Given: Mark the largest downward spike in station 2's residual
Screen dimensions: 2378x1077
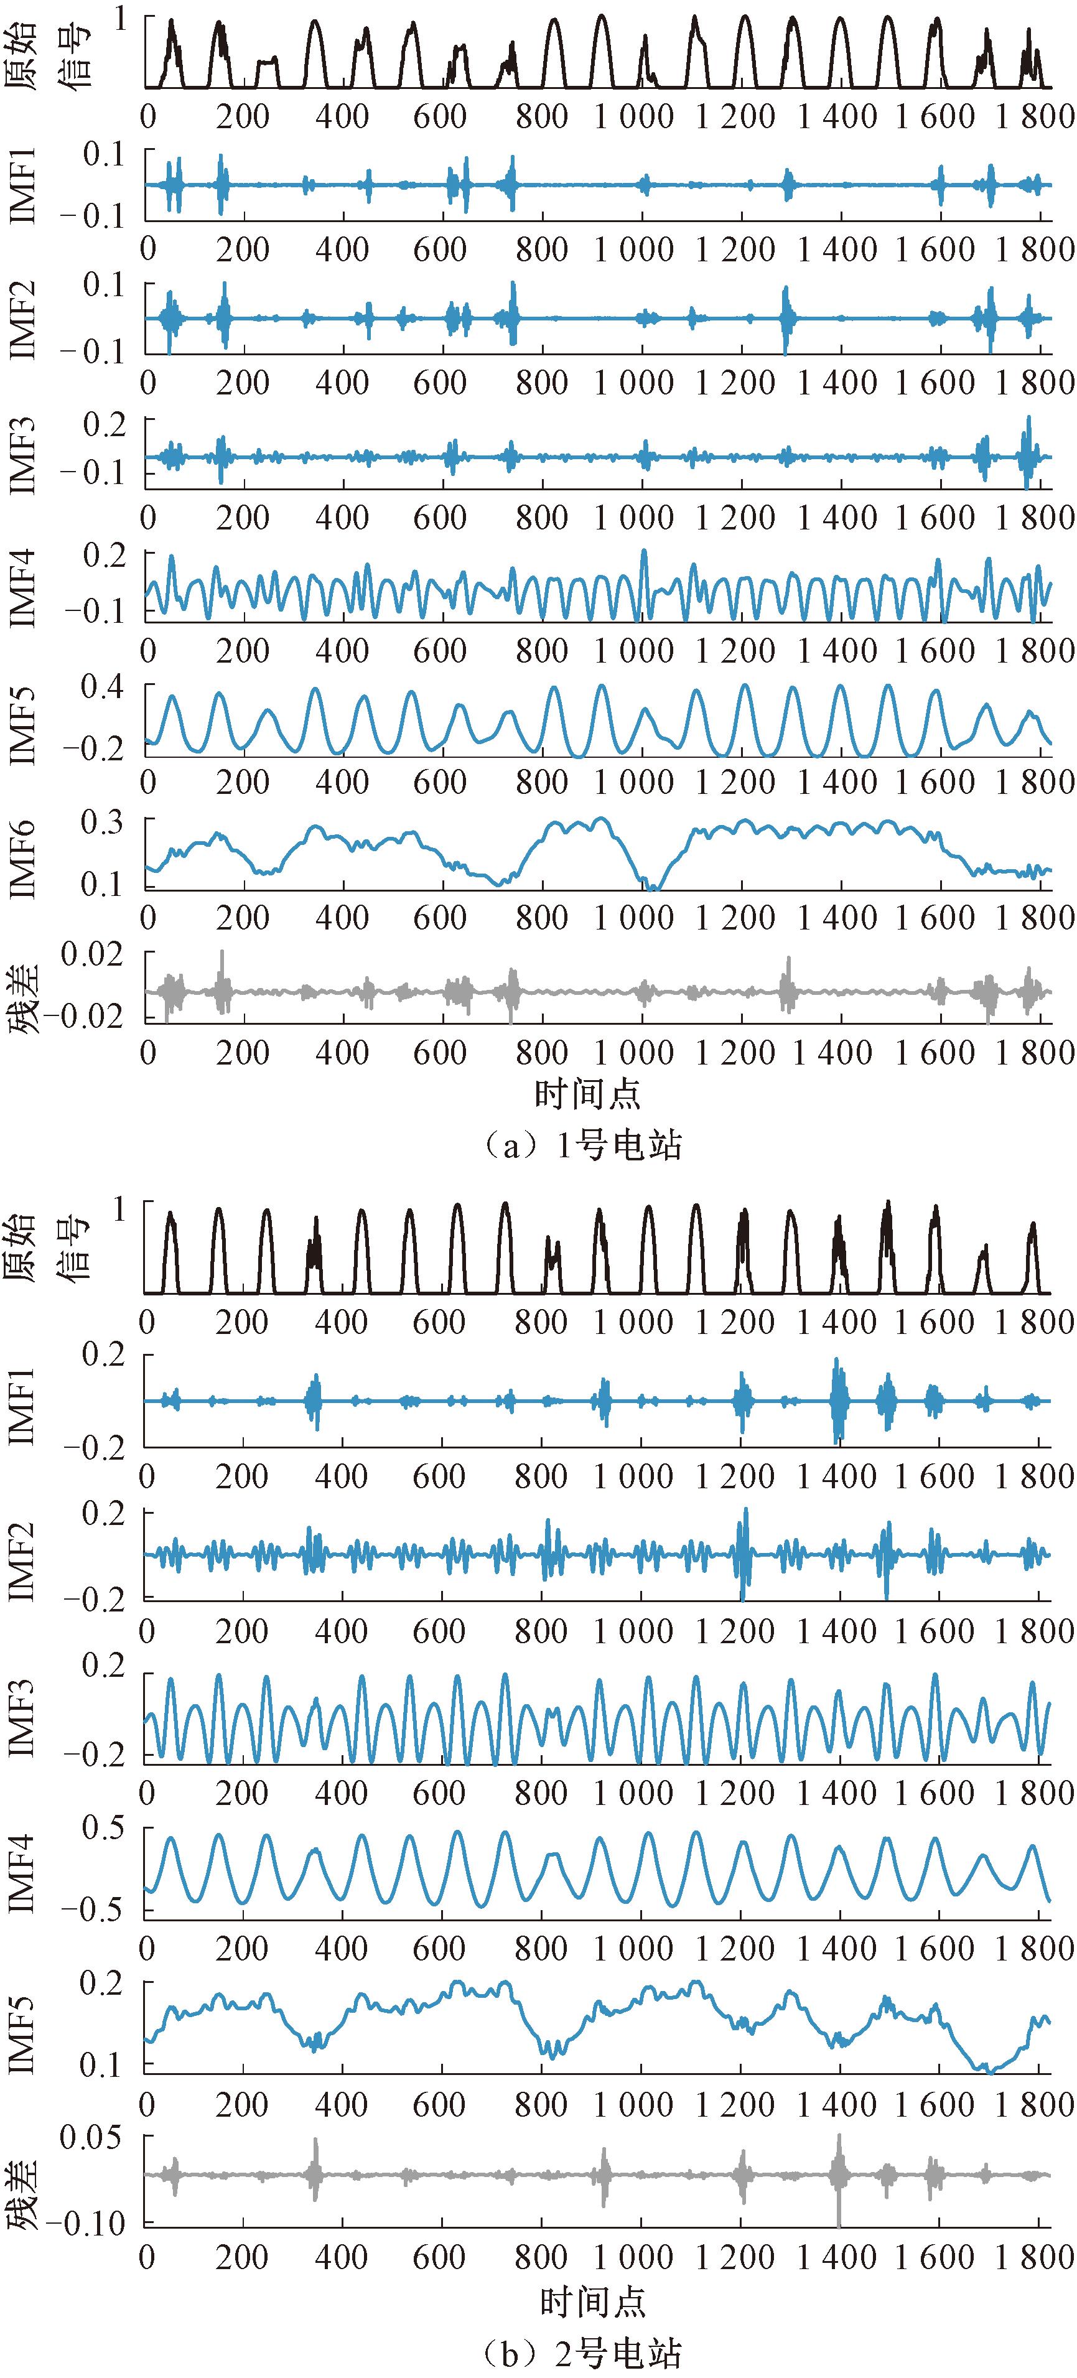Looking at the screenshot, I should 839,2225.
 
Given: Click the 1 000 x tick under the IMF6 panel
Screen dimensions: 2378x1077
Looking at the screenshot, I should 633,918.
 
